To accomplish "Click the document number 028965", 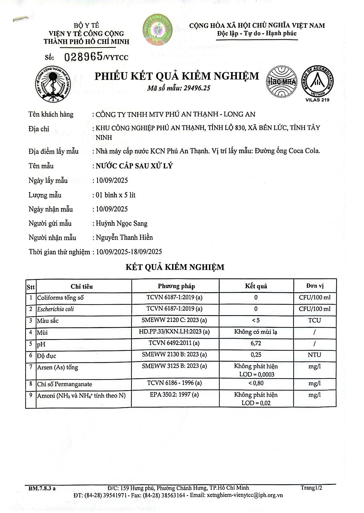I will point(84,57).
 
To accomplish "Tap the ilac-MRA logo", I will point(281,81).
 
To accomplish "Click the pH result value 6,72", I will point(256,343).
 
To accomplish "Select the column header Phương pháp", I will point(176,286).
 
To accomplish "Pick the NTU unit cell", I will point(314,355).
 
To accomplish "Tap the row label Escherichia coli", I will point(56,309).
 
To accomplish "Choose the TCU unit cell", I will point(314,320).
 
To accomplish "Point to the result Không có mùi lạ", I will point(256,332).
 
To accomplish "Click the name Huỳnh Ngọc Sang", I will point(121,223).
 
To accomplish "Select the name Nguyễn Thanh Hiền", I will point(124,238).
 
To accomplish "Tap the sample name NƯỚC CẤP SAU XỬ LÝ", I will point(134,166).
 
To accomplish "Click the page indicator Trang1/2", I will point(311,488).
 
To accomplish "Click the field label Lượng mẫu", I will point(45,195).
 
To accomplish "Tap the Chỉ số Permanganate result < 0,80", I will point(256,383).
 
